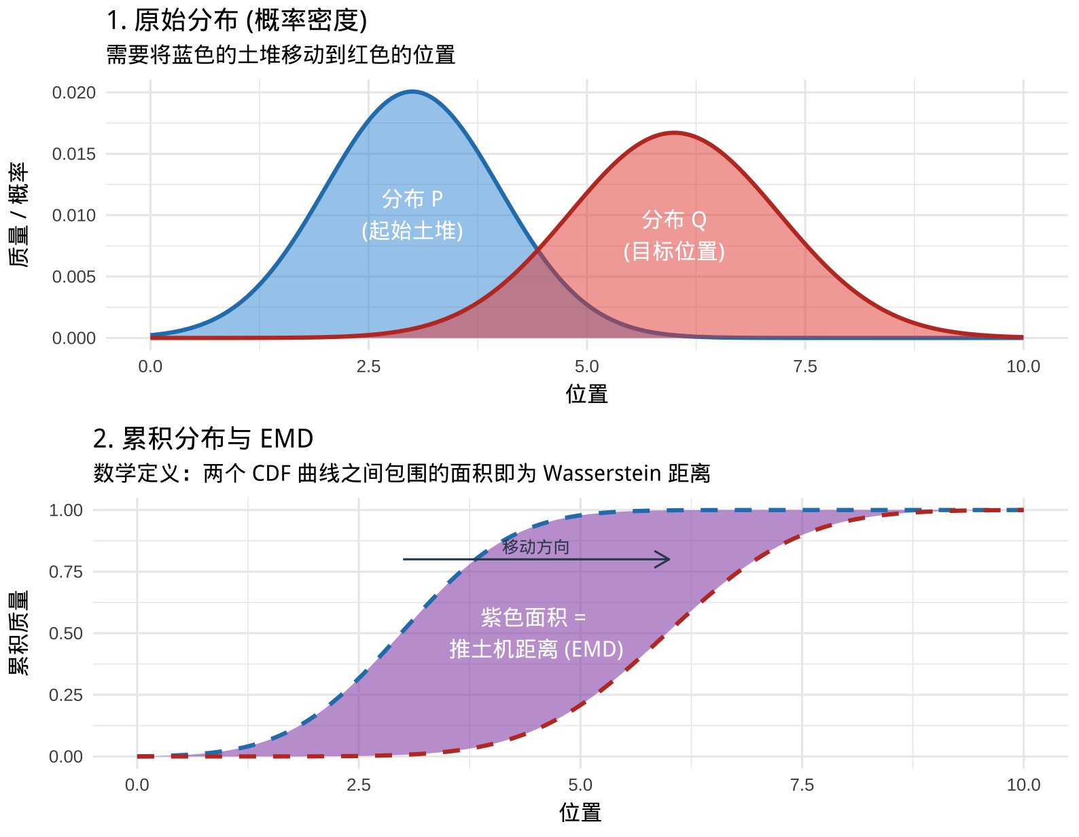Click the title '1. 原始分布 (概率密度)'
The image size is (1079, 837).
click(236, 20)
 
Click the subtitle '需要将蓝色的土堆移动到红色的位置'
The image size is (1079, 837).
click(281, 54)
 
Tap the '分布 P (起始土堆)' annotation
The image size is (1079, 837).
click(412, 215)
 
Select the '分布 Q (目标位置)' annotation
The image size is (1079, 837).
click(674, 235)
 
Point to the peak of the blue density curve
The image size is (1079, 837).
click(412, 92)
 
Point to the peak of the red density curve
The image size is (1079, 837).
click(674, 132)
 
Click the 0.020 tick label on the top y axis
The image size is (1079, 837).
click(74, 92)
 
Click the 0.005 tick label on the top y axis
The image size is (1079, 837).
click(74, 277)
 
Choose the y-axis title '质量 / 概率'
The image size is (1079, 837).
click(18, 215)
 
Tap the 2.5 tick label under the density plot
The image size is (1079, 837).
click(368, 367)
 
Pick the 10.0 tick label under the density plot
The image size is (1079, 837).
click(1023, 367)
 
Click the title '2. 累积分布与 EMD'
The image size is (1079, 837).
click(203, 439)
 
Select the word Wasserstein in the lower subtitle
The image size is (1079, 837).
click(602, 473)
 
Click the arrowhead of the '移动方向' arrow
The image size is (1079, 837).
click(668, 559)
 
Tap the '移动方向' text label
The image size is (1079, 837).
click(535, 547)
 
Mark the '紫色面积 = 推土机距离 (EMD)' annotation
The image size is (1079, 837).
click(535, 633)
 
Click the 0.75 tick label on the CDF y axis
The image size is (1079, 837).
click(66, 572)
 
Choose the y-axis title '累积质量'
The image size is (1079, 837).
click(18, 633)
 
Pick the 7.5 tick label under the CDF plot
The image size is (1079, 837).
click(802, 785)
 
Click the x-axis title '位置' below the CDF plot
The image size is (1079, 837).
click(580, 813)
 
